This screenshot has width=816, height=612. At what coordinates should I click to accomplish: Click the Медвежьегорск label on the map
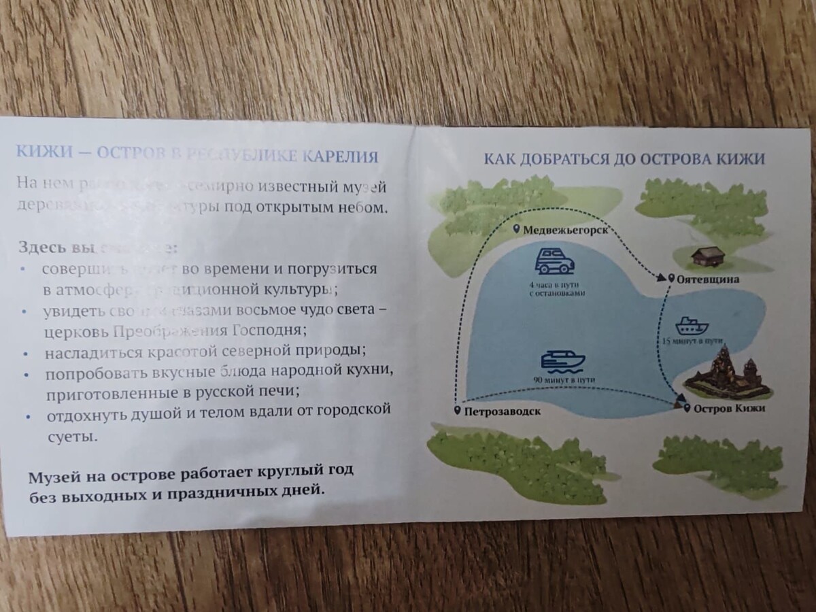click(564, 230)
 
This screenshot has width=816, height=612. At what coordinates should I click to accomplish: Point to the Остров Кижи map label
click(729, 408)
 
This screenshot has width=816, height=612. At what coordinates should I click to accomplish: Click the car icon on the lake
click(554, 260)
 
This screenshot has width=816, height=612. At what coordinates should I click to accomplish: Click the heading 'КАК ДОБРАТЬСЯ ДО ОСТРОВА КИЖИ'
click(624, 159)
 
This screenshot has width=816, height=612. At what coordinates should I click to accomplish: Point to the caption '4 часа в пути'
click(556, 284)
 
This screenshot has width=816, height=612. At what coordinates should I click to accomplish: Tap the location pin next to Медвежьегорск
click(516, 229)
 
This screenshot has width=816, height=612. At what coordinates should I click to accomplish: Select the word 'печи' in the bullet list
click(280, 392)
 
